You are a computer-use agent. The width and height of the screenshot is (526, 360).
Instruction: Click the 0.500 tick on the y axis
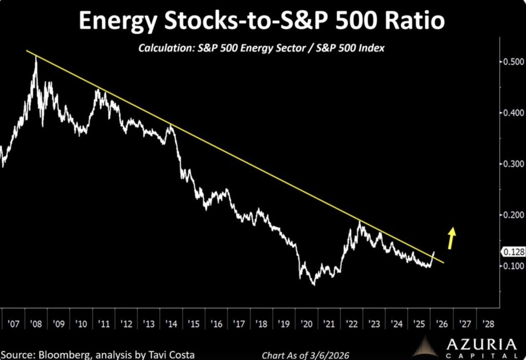tap(512, 62)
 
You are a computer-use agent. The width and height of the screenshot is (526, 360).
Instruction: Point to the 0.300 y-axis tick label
tap(512, 164)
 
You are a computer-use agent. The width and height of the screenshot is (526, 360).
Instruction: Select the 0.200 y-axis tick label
tap(512, 215)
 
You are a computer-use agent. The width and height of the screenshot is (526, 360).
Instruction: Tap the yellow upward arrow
tap(452, 237)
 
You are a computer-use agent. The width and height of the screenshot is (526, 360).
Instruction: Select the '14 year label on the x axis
tap(171, 324)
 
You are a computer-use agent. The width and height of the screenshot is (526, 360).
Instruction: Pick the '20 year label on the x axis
tap(307, 324)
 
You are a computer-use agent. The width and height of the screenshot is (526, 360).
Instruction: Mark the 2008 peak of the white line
tap(35, 58)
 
